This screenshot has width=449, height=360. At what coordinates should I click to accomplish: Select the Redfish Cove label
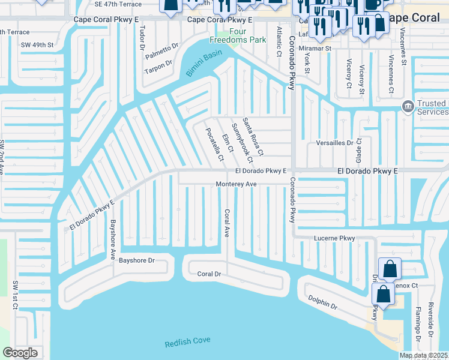188,341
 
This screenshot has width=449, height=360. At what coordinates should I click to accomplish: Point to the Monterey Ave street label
237,184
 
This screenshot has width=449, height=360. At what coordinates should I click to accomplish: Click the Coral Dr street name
209,274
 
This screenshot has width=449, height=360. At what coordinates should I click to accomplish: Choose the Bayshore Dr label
137,260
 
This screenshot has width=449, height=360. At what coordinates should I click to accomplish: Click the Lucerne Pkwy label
335,238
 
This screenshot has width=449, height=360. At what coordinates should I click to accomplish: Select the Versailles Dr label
334,143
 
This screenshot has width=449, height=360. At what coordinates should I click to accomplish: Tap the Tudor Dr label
142,37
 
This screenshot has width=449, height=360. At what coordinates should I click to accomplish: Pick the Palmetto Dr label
162,52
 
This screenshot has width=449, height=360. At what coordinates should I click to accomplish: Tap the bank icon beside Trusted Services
408,107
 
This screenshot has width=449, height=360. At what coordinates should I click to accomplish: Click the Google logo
20,353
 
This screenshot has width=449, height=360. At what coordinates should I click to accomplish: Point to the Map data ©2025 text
423,355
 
